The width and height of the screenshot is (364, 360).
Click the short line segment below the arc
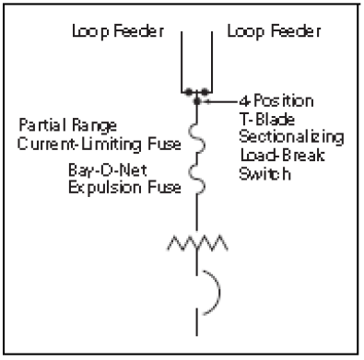[195, 328]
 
